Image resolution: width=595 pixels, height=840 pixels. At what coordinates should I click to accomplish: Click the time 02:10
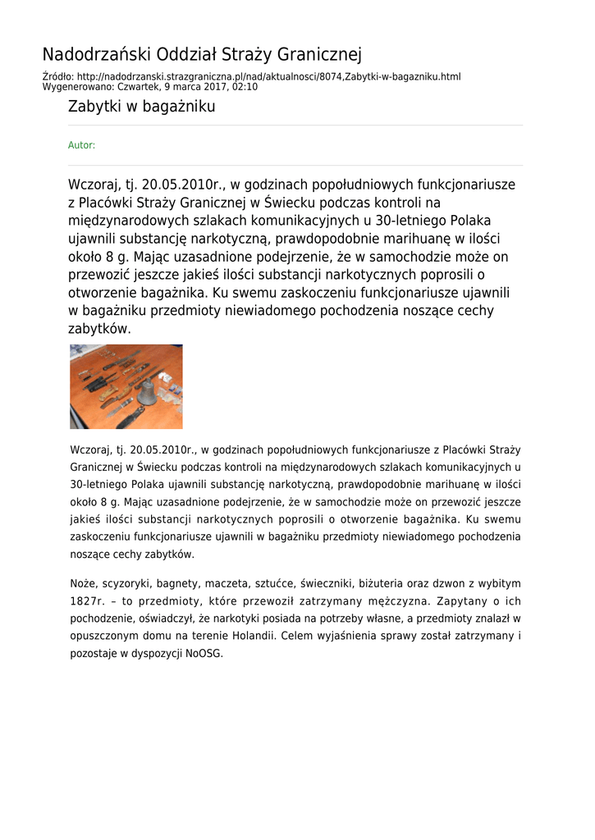coord(244,86)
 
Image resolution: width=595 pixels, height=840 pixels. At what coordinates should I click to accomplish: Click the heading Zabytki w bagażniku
coord(141,106)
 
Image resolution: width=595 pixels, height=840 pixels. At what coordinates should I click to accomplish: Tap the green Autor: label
coord(81,145)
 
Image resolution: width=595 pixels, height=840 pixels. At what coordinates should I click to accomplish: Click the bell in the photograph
coord(146,392)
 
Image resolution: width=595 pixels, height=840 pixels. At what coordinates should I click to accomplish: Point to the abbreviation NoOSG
coord(204,654)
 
